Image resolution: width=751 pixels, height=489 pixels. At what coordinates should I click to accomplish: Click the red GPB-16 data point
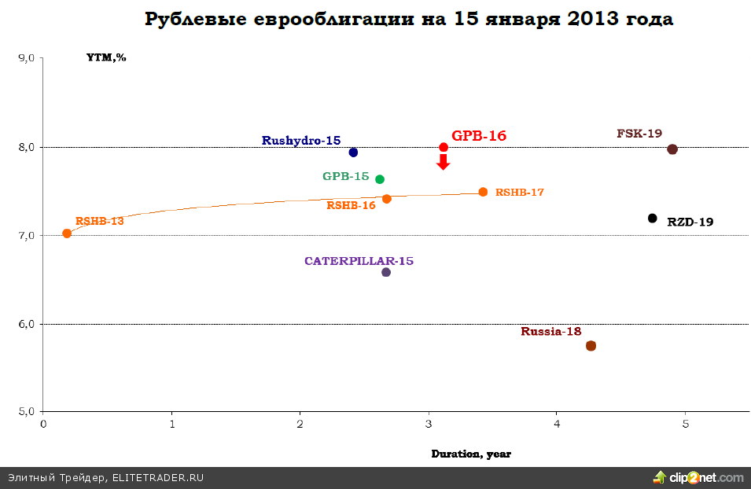[444, 147]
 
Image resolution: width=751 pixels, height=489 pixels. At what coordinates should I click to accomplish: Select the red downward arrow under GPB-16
[444, 162]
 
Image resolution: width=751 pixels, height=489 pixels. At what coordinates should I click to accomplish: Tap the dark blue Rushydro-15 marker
[353, 153]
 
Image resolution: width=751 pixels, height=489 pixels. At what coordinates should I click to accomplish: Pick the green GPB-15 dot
[380, 179]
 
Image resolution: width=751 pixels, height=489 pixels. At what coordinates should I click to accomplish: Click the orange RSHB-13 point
[67, 233]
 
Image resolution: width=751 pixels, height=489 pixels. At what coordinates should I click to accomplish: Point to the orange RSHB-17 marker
[483, 192]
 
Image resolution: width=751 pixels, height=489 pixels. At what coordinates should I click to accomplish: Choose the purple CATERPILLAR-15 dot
[386, 272]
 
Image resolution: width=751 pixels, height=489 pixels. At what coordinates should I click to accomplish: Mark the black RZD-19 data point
[652, 218]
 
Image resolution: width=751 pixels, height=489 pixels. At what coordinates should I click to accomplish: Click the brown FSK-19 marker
[672, 149]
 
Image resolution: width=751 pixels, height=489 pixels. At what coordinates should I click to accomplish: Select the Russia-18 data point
[591, 346]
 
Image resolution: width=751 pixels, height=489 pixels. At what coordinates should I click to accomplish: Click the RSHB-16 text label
[351, 205]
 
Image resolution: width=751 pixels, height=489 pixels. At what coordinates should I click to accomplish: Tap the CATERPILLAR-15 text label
[359, 261]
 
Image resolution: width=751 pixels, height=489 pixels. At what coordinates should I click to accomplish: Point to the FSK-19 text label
[639, 134]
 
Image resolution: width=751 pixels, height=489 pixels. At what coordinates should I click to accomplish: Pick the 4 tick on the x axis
[557, 425]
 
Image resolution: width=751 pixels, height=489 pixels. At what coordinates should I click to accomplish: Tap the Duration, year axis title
[471, 454]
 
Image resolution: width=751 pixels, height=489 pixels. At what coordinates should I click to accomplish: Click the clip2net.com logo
[698, 477]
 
